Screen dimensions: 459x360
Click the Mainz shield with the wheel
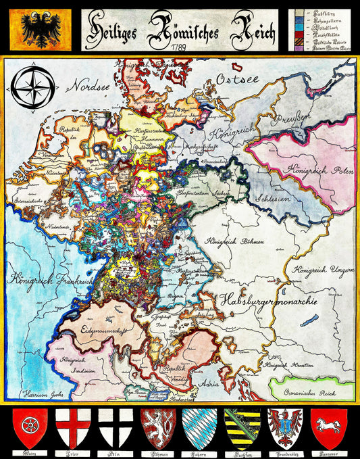(x=27, y=427)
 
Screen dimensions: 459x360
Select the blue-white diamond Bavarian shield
(x=200, y=427)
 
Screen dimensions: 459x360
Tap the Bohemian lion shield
(x=157, y=427)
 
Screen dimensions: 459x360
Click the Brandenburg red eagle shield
(x=286, y=427)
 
